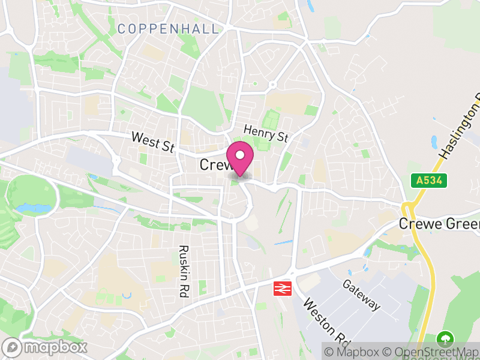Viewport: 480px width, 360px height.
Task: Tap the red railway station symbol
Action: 281,289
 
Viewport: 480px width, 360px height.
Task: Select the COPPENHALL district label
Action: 169,28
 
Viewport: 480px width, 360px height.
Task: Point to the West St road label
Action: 154,142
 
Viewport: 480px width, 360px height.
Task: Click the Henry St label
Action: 266,133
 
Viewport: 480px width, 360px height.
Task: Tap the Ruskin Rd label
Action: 184,271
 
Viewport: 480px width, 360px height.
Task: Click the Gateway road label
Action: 362,295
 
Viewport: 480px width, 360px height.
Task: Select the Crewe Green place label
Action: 440,224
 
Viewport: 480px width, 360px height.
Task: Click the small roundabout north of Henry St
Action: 271,85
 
